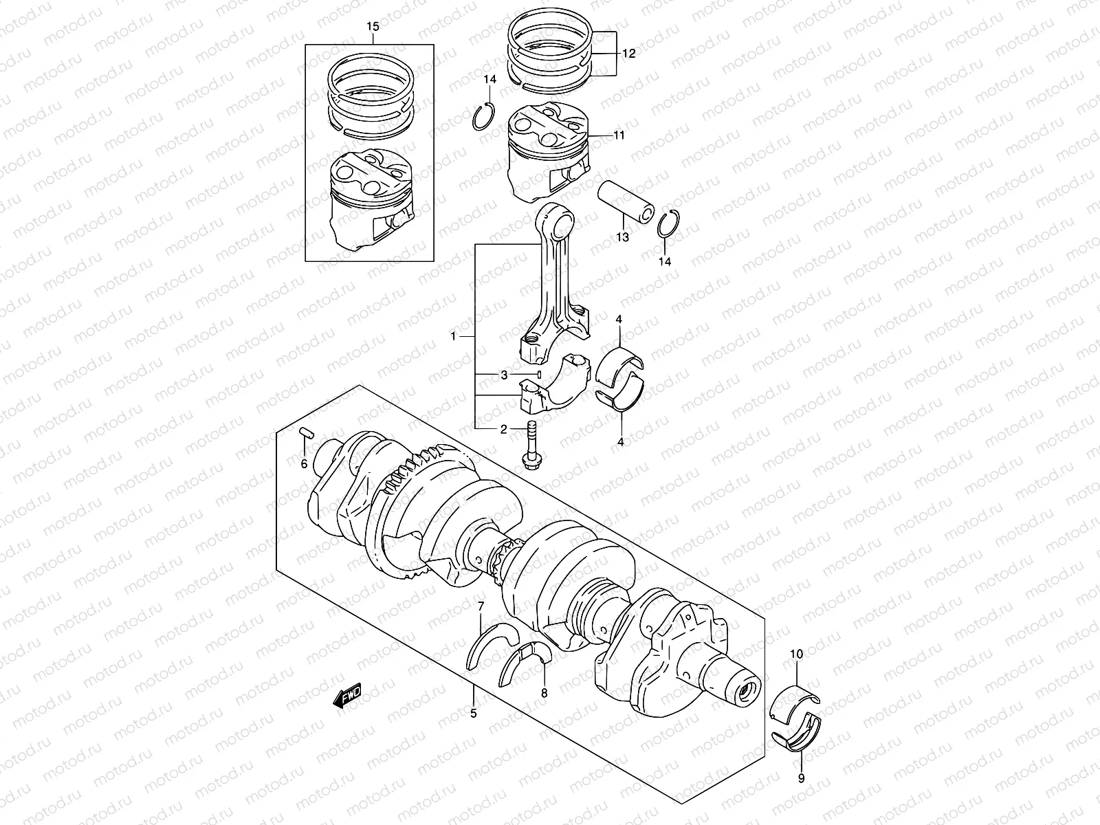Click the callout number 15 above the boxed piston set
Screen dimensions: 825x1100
tap(372, 27)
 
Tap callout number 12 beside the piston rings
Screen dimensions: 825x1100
tap(629, 53)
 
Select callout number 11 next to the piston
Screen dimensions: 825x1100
tap(619, 135)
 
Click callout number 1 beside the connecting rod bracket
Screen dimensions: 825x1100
tap(454, 337)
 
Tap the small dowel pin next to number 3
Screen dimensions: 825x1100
tap(540, 375)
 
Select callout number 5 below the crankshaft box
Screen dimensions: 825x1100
tap(473, 714)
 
